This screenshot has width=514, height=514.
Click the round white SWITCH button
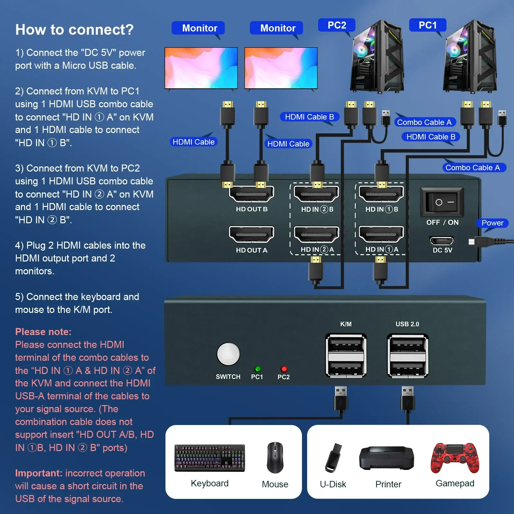coord(228,354)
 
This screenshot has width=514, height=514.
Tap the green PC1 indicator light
coord(257,369)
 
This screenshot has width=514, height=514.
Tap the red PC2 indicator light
coord(284,369)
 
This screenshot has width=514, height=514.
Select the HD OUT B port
coord(252,194)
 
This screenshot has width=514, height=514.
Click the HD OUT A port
coord(252,235)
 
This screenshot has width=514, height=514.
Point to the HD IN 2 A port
coord(316,235)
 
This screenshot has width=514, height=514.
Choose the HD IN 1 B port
coord(381,194)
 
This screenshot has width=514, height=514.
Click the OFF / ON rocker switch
coord(442,202)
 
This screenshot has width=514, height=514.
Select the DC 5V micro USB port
coord(441,240)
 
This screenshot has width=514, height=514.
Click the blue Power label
coord(492,223)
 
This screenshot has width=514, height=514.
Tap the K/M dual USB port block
coord(346,355)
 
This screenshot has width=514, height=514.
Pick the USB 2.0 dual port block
coord(408,355)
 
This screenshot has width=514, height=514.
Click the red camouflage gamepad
coord(455,458)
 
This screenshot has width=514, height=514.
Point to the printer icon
coord(386,458)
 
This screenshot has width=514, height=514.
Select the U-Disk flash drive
coord(333,458)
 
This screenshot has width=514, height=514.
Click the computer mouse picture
coord(275,457)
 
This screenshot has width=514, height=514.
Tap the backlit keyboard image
coord(209,458)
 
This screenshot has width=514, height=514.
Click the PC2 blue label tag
coord(336,25)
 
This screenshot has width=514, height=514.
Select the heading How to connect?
coord(74,30)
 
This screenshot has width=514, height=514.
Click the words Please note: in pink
coord(43,332)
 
